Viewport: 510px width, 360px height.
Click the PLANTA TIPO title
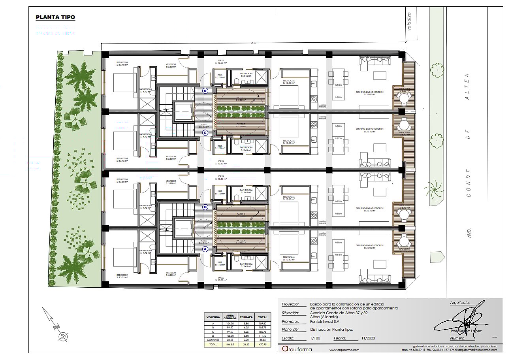click(x=55, y=17)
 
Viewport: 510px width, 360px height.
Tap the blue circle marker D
click(x=205, y=90)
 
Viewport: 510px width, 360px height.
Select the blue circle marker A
click(x=205, y=249)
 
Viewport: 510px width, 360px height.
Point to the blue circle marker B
click(x=205, y=207)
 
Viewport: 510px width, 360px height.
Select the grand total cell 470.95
click(x=263, y=345)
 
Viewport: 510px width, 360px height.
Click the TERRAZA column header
click(x=246, y=317)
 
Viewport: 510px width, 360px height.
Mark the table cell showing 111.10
click(x=263, y=335)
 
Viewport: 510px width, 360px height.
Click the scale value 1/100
click(x=315, y=338)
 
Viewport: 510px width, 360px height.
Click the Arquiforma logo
click(x=297, y=349)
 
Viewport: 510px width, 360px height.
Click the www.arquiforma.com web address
click(x=344, y=350)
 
